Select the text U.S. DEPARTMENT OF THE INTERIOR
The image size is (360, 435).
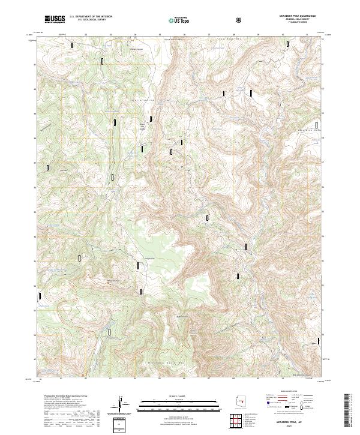(x=91, y=17)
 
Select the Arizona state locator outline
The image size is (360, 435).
(x=238, y=404)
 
